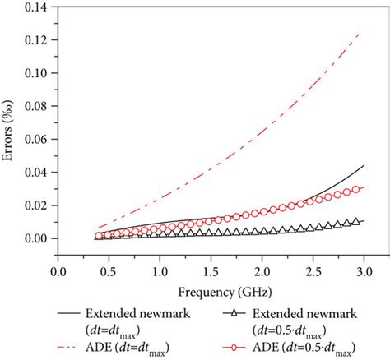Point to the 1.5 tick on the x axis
tap(211, 270)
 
